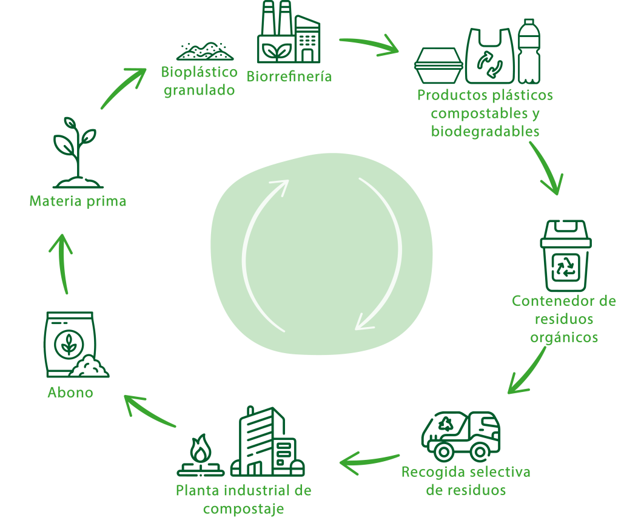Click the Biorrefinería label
[289, 77]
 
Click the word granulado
[199, 91]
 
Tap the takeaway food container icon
[438, 65]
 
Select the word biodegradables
[485, 131]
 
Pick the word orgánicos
[564, 337]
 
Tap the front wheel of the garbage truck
[480, 452]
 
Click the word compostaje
[243, 508]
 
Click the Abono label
[70, 393]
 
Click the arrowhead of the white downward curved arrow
[364, 322]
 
